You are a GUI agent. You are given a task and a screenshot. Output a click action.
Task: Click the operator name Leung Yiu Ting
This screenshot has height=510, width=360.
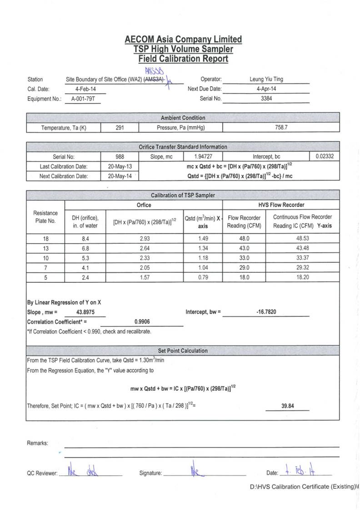pyautogui.click(x=266, y=79)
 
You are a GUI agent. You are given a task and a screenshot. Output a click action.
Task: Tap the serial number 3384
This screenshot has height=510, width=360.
pyautogui.click(x=266, y=98)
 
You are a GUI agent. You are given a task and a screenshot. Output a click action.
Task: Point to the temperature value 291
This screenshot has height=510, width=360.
pyautogui.click(x=120, y=128)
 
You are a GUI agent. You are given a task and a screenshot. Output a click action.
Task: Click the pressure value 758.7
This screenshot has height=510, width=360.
pyautogui.click(x=282, y=128)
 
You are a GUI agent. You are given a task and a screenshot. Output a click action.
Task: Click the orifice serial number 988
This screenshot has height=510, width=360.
pyautogui.click(x=120, y=156)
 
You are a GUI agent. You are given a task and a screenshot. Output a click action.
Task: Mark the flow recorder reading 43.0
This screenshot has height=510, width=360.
pyautogui.click(x=245, y=249)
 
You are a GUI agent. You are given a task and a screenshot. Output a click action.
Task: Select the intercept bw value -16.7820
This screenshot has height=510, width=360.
pyautogui.click(x=266, y=312)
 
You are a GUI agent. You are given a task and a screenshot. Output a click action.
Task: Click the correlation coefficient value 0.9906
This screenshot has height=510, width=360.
pyautogui.click(x=142, y=321)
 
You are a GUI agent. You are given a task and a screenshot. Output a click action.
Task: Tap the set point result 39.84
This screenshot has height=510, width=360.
pyautogui.click(x=288, y=406)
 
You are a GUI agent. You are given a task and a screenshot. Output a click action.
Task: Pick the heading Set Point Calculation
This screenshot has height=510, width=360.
pyautogui.click(x=183, y=350)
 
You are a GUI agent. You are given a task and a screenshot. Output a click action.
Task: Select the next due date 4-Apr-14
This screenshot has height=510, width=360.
pyautogui.click(x=266, y=89)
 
